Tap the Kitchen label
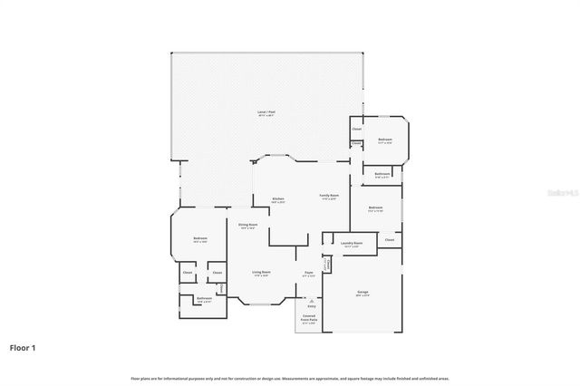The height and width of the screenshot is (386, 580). pyautogui.click(x=279, y=198)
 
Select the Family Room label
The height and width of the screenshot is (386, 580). pyautogui.click(x=328, y=196)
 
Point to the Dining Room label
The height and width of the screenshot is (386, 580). pyautogui.click(x=248, y=225)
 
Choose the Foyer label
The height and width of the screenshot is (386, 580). pyautogui.click(x=308, y=272)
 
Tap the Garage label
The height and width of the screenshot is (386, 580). pyautogui.click(x=362, y=292)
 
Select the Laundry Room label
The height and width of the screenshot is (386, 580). pyautogui.click(x=352, y=243)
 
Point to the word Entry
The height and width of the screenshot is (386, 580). pyautogui.click(x=312, y=306)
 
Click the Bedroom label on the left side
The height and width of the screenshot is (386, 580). pyautogui.click(x=199, y=238)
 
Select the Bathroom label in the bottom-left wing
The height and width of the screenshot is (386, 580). pyautogui.click(x=204, y=298)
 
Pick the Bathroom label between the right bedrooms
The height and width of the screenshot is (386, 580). pyautogui.click(x=382, y=174)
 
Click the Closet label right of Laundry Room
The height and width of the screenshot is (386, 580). pyautogui.click(x=389, y=239)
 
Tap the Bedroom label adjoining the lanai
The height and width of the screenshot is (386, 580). pyautogui.click(x=384, y=140)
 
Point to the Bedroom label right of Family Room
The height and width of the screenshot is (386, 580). pyautogui.click(x=375, y=207)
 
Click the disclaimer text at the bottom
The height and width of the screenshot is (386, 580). pyautogui.click(x=290, y=378)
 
